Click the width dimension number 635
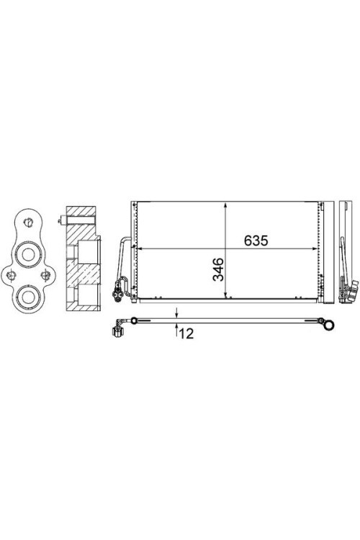click(256, 240)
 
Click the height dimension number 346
click(218, 269)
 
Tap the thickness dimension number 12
click(186, 333)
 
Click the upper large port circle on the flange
click(28, 254)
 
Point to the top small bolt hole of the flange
click(28, 222)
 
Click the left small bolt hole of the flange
click(12, 275)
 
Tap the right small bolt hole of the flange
click(45, 275)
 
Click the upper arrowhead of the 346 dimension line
click(225, 206)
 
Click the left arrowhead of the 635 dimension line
click(141, 248)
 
